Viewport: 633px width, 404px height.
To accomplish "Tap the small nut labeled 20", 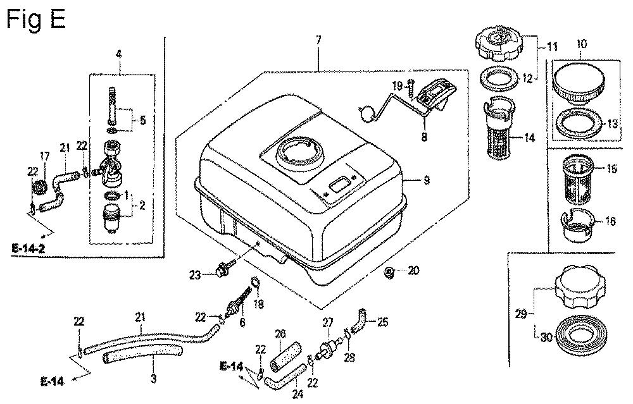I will click(390, 272).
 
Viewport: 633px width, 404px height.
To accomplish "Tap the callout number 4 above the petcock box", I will click(118, 55).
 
